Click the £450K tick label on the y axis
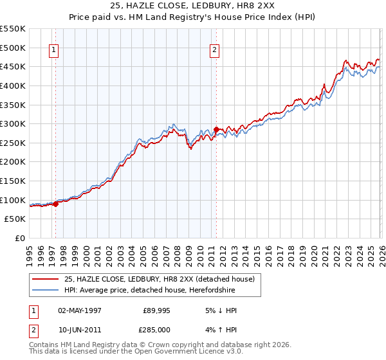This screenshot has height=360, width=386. pyautogui.click(x=13, y=66)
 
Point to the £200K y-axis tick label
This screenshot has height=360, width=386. pyautogui.click(x=13, y=161)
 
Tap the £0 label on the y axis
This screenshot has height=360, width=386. pyautogui.click(x=19, y=238)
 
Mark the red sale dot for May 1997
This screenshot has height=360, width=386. pyautogui.click(x=56, y=204)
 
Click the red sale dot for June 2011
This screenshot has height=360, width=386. pyautogui.click(x=216, y=129)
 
